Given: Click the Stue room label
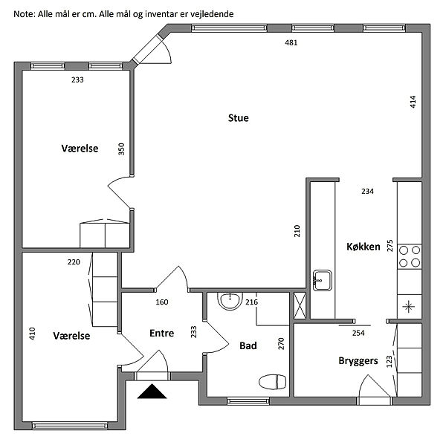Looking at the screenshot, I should coord(239,118).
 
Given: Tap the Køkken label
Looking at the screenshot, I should coord(363,247).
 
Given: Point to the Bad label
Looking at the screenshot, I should coord(248,345).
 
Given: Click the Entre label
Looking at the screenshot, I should coord(161,334).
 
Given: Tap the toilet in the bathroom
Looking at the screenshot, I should coord(271,382).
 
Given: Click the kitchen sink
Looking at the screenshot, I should coord(323,280).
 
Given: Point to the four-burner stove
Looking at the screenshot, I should coord(410,256).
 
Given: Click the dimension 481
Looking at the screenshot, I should coord(291,43).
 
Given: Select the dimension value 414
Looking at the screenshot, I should coord(413,102).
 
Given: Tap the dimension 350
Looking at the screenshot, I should coord(121,149).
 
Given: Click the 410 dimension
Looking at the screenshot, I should coord(32,334).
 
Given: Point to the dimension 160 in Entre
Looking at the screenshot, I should coord(162,302).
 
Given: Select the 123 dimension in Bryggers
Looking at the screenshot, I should coord(389,362).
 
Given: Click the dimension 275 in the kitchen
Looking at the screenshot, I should coord(389,246).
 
